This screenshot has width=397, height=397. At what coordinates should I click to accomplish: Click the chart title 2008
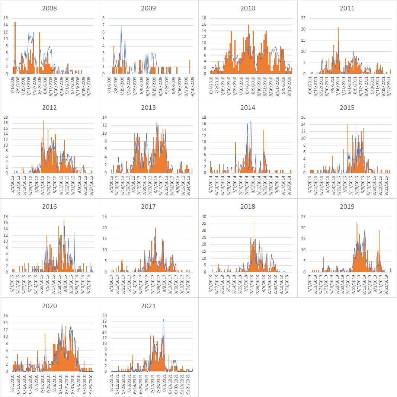49,8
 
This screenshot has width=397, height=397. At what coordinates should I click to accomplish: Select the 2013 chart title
149,108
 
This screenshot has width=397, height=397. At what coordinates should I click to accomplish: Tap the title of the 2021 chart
149,306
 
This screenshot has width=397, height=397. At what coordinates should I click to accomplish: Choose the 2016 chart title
49,206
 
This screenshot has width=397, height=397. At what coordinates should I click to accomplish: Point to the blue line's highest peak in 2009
121,26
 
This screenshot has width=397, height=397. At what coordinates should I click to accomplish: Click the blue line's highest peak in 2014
251,121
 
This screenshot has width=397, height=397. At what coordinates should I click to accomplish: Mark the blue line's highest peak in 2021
163,319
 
